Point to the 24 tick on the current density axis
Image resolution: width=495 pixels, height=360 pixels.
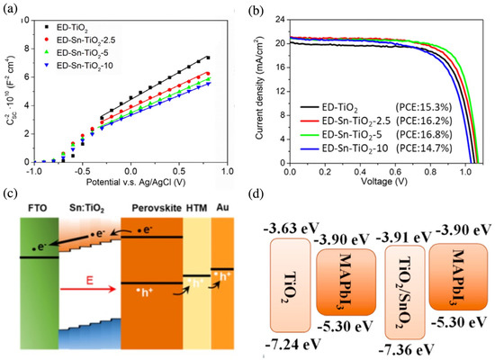click(x=280, y=15)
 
